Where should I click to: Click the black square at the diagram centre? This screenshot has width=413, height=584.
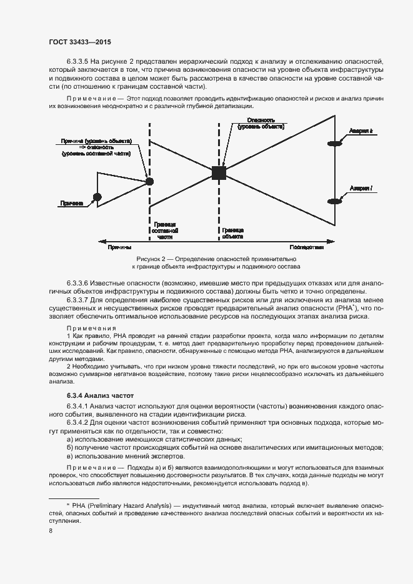[x=219, y=173]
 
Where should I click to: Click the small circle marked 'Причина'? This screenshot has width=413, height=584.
[x=96, y=198]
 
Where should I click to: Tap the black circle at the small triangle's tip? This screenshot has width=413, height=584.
[x=149, y=181]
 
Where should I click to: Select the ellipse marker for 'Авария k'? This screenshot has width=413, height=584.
[x=336, y=144]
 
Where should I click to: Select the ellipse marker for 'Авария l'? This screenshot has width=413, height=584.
[x=336, y=201]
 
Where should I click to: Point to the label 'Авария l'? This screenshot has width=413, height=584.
[x=361, y=189]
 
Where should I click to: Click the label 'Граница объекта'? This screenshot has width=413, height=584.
[x=232, y=234]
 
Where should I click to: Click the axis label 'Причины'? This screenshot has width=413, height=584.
[x=119, y=247]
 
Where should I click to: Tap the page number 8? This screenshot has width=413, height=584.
[x=51, y=531]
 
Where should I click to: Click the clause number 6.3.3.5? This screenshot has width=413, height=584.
[x=77, y=62]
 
